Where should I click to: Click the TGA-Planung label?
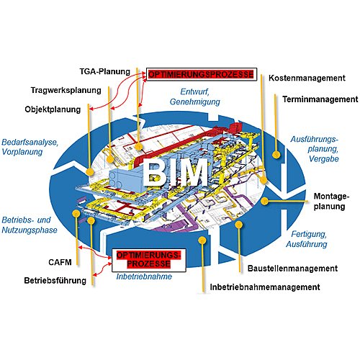coord(105,71)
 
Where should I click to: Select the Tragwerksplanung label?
coord(66,90)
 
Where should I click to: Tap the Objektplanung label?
coord(53,109)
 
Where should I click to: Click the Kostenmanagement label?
coord(307,78)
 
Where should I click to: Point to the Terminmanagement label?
coord(320,99)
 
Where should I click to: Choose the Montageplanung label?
coord(331,201)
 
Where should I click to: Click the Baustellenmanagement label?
coord(292,269)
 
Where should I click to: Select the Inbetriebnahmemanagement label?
coord(265,287)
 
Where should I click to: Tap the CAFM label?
coord(60,262)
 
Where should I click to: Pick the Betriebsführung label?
coord(55,280)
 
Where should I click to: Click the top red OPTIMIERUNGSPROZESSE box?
coord(202,74)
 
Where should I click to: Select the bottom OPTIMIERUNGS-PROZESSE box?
coord(149,260)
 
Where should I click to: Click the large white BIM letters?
coord(175,172)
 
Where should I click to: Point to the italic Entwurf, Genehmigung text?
coord(194,96)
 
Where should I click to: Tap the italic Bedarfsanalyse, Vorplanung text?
coord(30,147)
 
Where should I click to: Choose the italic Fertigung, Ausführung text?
coord(307,239)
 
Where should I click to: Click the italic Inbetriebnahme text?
coord(144,276)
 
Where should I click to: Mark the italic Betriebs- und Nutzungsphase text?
coord(30,225)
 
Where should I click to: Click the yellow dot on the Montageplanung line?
coord(264,201)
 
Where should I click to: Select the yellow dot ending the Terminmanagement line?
coord(276,154)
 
